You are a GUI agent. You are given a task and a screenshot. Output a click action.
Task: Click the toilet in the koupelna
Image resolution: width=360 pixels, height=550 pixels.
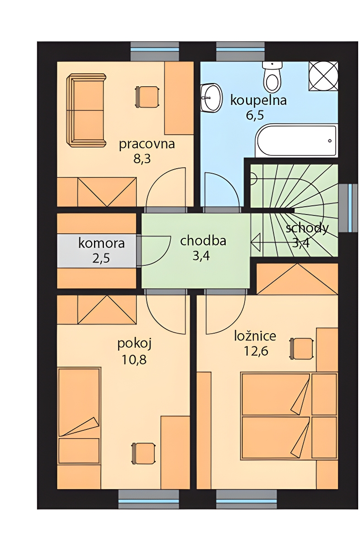[x=272, y=76]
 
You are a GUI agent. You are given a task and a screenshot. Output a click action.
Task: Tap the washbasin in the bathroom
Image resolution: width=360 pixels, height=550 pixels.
[x=211, y=98]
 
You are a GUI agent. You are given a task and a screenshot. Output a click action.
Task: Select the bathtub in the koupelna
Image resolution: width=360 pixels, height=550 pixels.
[x=296, y=141]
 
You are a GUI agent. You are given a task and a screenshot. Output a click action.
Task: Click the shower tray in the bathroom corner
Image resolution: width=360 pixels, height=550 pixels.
[x=323, y=76]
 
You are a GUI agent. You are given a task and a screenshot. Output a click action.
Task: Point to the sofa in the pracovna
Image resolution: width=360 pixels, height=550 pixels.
[x=86, y=110]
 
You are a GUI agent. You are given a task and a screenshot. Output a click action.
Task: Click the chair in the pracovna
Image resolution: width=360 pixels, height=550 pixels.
[x=147, y=97]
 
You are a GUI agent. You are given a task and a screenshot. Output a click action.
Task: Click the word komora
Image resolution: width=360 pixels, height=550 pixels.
[x=102, y=243]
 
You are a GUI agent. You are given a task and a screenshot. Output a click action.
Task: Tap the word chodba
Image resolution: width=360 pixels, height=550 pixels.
[x=203, y=241]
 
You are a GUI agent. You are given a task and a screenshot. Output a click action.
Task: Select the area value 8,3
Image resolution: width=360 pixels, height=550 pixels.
[x=142, y=159]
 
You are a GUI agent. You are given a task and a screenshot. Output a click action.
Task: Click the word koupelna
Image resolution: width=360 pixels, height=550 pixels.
[x=258, y=101]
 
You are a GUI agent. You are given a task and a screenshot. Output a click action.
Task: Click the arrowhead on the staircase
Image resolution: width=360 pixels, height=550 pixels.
[x=255, y=242]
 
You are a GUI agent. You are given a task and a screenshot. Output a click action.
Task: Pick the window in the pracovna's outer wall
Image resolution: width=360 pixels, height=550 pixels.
[x=155, y=51]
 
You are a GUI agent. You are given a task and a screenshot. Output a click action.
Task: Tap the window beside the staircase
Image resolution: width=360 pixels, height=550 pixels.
[x=348, y=208]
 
